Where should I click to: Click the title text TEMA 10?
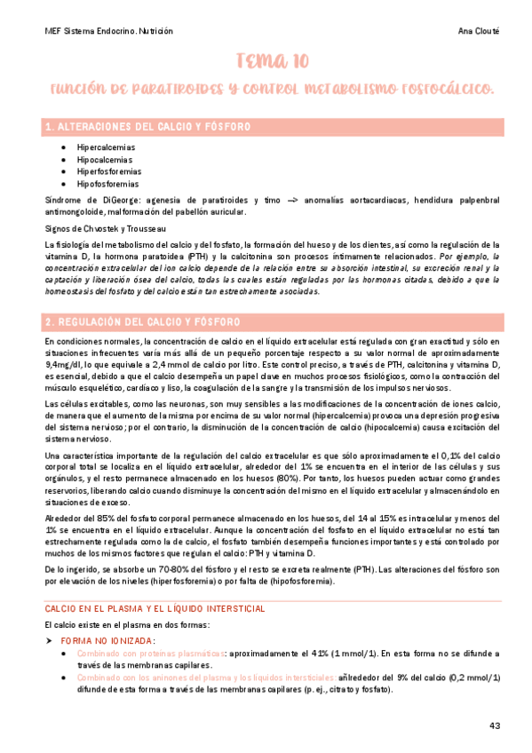pos(273,60)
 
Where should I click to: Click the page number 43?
pos(495,726)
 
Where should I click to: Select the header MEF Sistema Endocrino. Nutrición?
pos(108,30)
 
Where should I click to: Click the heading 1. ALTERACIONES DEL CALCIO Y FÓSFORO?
pos(147,128)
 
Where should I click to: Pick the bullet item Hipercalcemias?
pos(106,147)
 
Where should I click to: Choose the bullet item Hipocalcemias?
pos(105,159)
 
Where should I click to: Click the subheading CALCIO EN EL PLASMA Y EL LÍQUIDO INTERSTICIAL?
pos(155,608)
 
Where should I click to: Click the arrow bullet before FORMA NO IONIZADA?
pos(49,640)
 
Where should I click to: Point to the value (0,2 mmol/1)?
pos(472,678)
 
